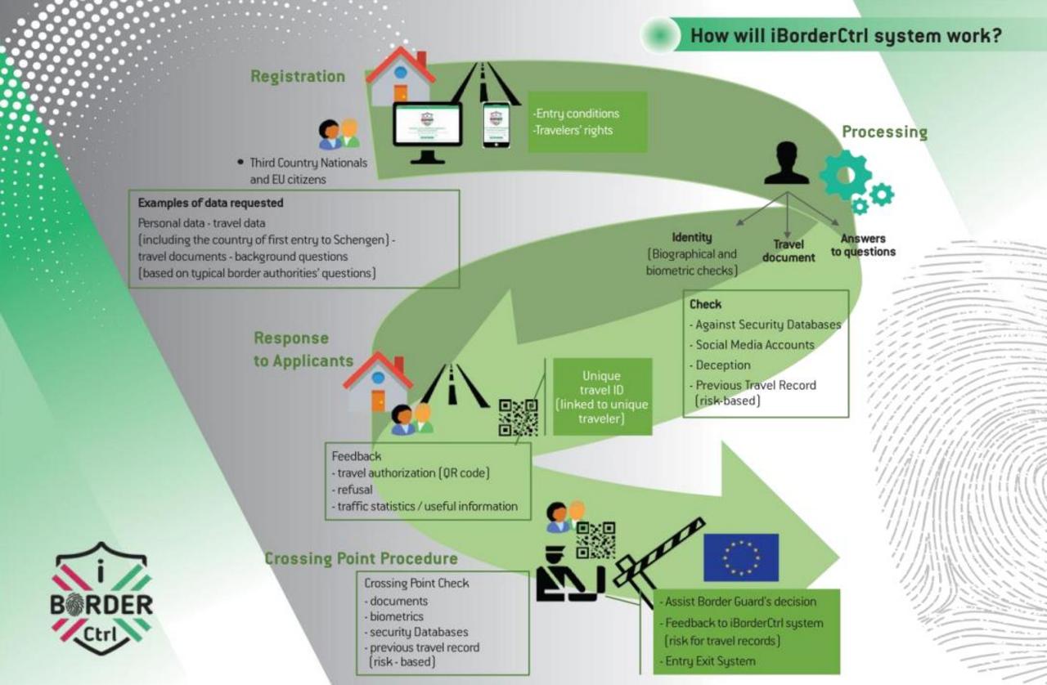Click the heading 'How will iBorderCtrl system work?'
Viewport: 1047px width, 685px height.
pos(846,37)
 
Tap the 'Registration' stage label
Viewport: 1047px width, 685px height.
pos(298,76)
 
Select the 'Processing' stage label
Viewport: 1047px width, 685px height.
pos(884,132)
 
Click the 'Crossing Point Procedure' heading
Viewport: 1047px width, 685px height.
pos(361,558)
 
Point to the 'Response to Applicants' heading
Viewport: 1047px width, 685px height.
pos(303,349)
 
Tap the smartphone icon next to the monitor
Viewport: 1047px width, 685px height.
pos(496,124)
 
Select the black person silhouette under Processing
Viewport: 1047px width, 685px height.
pos(786,163)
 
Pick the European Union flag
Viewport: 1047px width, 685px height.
pos(741,557)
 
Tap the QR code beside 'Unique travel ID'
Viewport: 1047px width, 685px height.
pos(519,417)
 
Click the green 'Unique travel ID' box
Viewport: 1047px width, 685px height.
pos(602,396)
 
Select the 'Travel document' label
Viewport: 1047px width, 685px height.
pos(789,250)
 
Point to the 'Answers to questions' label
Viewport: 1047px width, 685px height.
pos(863,245)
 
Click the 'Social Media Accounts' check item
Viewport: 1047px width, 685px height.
pos(754,345)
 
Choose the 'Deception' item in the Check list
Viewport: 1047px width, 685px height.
pos(722,365)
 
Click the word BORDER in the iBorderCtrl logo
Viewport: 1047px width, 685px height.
pos(101,605)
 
